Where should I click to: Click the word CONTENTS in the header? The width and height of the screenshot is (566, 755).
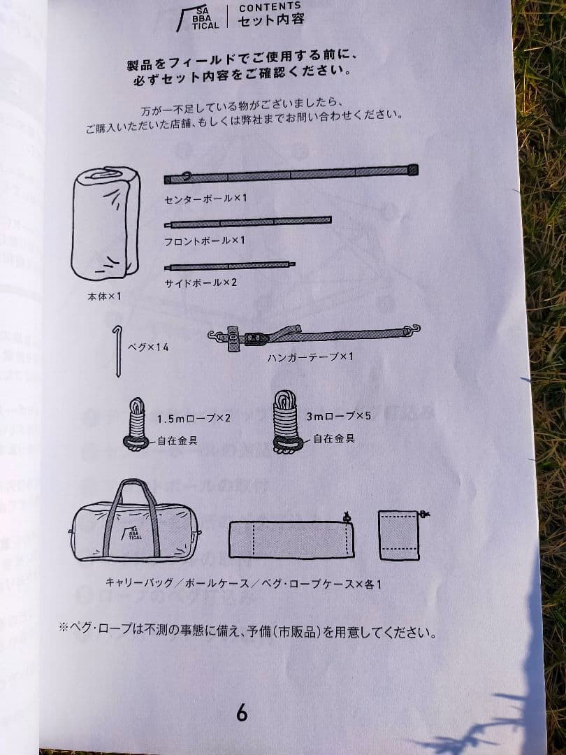point(270,8)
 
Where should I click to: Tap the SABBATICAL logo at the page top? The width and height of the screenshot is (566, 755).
point(198,17)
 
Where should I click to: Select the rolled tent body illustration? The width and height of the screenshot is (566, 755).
point(106,223)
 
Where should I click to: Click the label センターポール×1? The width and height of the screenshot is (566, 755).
point(205,199)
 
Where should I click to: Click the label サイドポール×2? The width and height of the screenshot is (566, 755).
point(201,284)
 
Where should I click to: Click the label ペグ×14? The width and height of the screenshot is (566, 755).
point(148,347)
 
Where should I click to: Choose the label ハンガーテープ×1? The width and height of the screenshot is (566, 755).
point(310,357)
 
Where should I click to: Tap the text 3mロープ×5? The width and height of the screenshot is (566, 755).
point(338,416)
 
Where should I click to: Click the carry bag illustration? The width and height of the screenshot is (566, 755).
point(135,523)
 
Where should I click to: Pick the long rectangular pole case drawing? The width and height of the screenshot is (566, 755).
point(291,538)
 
